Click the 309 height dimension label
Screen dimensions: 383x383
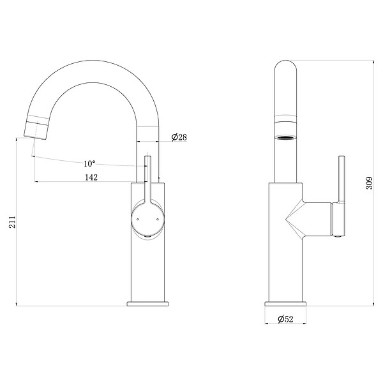coord(369,183)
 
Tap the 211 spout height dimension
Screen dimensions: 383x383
coord(12,222)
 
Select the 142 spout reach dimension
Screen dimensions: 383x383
coord(91,177)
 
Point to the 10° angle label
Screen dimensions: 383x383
coord(89,163)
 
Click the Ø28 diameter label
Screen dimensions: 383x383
coord(179,137)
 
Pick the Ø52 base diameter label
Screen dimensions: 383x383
coord(285,319)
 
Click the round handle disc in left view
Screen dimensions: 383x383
coord(148,219)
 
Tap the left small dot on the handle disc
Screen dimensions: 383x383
coord(138,220)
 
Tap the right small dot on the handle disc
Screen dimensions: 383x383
coord(158,220)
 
